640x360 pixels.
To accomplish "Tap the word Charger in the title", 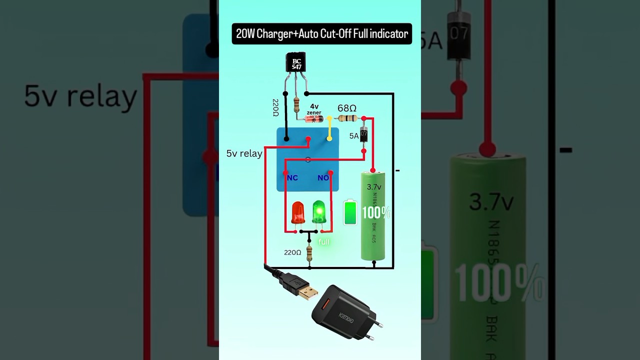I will pyautogui.click(x=275, y=34).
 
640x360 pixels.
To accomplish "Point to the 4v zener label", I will pyautogui.click(x=314, y=109).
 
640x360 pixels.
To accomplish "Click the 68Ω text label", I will pyautogui.click(x=346, y=108).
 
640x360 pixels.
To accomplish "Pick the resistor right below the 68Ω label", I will pyautogui.click(x=347, y=118).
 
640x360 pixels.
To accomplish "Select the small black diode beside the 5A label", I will pyautogui.click(x=364, y=135).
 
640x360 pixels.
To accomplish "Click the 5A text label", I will pyautogui.click(x=354, y=135).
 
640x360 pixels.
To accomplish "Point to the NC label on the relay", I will pyautogui.click(x=292, y=178).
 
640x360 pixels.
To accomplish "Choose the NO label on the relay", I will pyautogui.click(x=323, y=178).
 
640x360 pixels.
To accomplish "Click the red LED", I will pyautogui.click(x=298, y=213).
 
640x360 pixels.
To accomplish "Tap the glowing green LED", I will pyautogui.click(x=319, y=212).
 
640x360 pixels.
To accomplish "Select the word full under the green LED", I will pyautogui.click(x=324, y=242).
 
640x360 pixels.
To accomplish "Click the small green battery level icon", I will pyautogui.click(x=350, y=212).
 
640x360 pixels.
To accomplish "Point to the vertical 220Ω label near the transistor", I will pyautogui.click(x=275, y=107).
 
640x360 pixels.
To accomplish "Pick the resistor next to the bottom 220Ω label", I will pyautogui.click(x=309, y=253).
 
